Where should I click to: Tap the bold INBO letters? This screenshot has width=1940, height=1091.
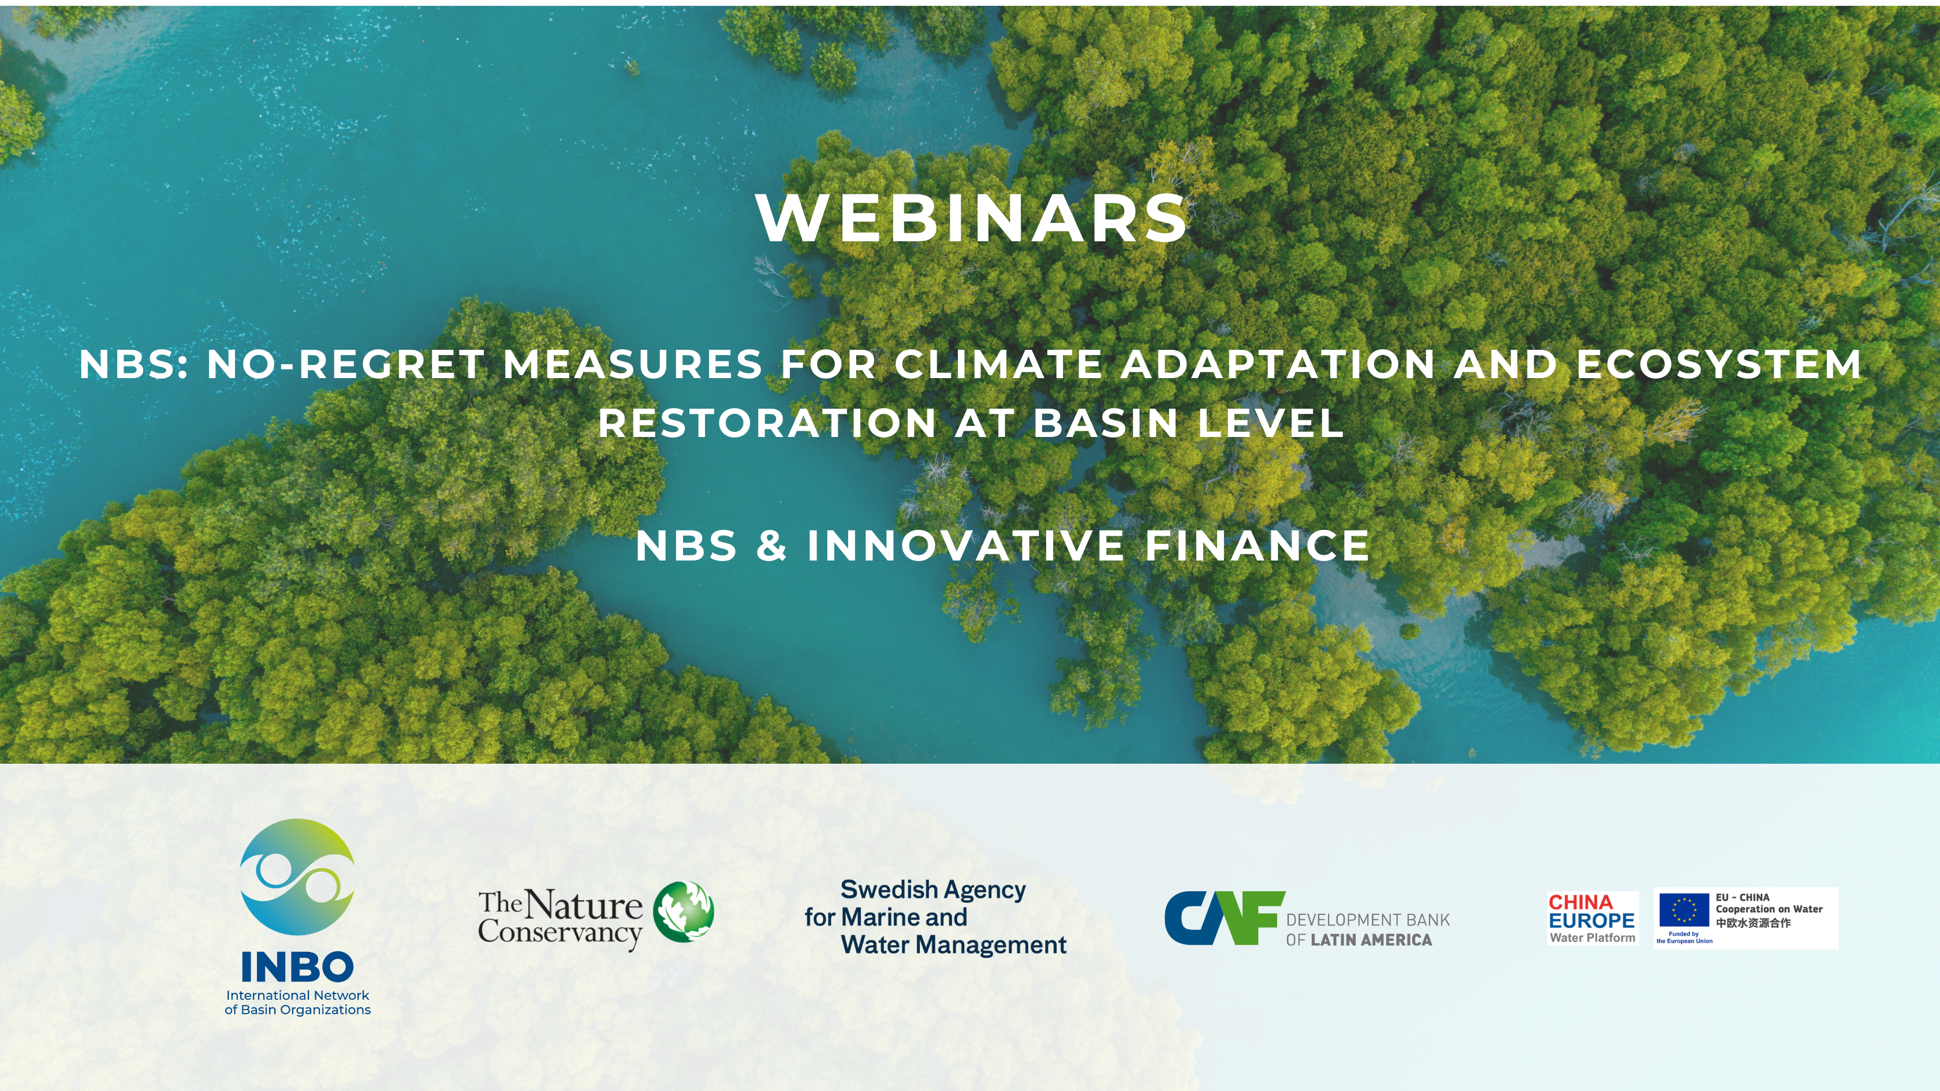(x=297, y=967)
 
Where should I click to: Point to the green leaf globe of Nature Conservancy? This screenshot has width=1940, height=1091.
(x=683, y=912)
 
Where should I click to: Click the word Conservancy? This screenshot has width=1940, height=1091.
(x=559, y=933)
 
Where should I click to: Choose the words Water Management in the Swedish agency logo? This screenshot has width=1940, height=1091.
(x=953, y=946)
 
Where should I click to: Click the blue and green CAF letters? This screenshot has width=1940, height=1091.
(x=1225, y=918)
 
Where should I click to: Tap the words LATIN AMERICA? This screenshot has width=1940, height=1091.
(x=1371, y=940)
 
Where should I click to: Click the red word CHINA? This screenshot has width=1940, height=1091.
(x=1581, y=902)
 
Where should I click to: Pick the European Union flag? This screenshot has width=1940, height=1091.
(x=1684, y=910)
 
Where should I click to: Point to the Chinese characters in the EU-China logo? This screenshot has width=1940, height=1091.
(x=1754, y=923)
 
